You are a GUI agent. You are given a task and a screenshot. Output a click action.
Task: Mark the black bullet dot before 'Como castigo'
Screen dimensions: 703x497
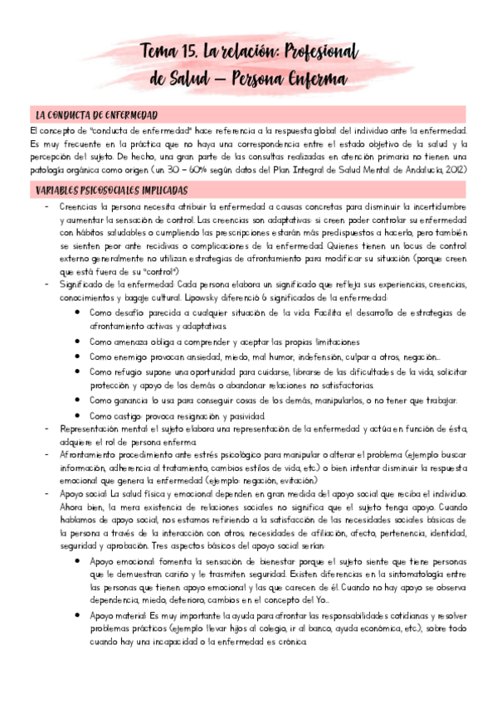[x=77, y=415]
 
